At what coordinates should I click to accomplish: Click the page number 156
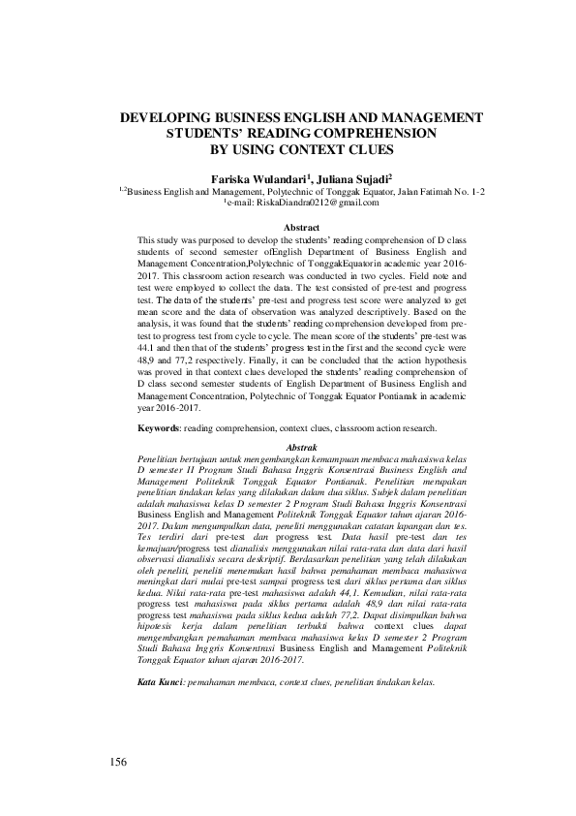118,761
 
